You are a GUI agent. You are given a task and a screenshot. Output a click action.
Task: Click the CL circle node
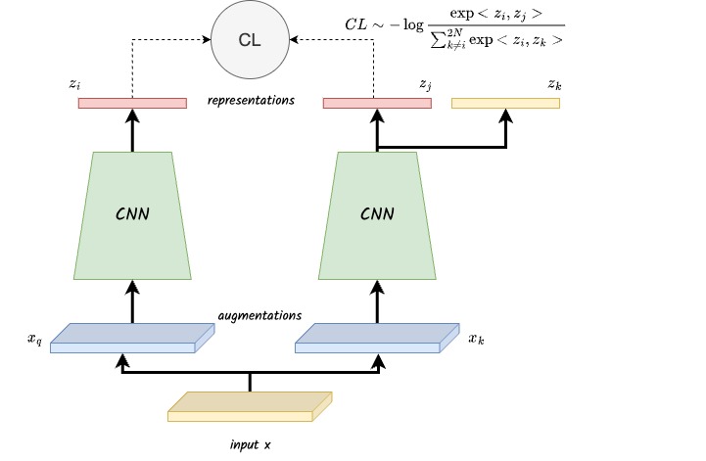tap(250, 39)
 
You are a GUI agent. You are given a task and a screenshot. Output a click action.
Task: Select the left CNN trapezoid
tap(132, 215)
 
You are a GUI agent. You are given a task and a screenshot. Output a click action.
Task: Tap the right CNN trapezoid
tap(377, 215)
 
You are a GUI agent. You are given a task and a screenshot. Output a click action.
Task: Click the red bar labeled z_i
tap(132, 103)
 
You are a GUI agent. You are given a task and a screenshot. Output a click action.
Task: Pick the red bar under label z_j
tap(377, 103)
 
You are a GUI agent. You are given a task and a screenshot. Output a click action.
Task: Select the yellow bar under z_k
tap(505, 103)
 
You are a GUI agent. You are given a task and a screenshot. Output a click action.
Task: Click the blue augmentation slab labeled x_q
tap(132, 338)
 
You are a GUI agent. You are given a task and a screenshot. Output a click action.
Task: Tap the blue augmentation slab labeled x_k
tap(377, 338)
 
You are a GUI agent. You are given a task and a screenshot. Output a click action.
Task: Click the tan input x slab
tap(250, 406)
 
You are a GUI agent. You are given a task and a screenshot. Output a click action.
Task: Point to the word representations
tap(251, 100)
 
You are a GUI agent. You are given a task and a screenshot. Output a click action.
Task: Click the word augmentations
tap(259, 315)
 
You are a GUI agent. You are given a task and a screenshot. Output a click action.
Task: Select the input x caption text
tap(251, 444)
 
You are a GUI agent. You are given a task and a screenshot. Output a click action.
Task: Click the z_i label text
tap(74, 84)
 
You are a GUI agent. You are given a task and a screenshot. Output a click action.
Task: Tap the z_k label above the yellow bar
tap(554, 84)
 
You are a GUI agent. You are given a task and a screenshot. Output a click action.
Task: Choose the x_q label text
tap(34, 339)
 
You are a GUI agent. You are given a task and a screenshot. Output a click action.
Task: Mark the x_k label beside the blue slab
tap(476, 339)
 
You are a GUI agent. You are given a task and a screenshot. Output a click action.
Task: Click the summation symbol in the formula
tap(438, 41)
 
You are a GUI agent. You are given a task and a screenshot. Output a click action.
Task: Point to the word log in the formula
tap(413, 24)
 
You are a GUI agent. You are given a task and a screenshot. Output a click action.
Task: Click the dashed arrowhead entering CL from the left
tap(207, 39)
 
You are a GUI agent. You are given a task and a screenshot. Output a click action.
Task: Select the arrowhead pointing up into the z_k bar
tap(506, 115)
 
